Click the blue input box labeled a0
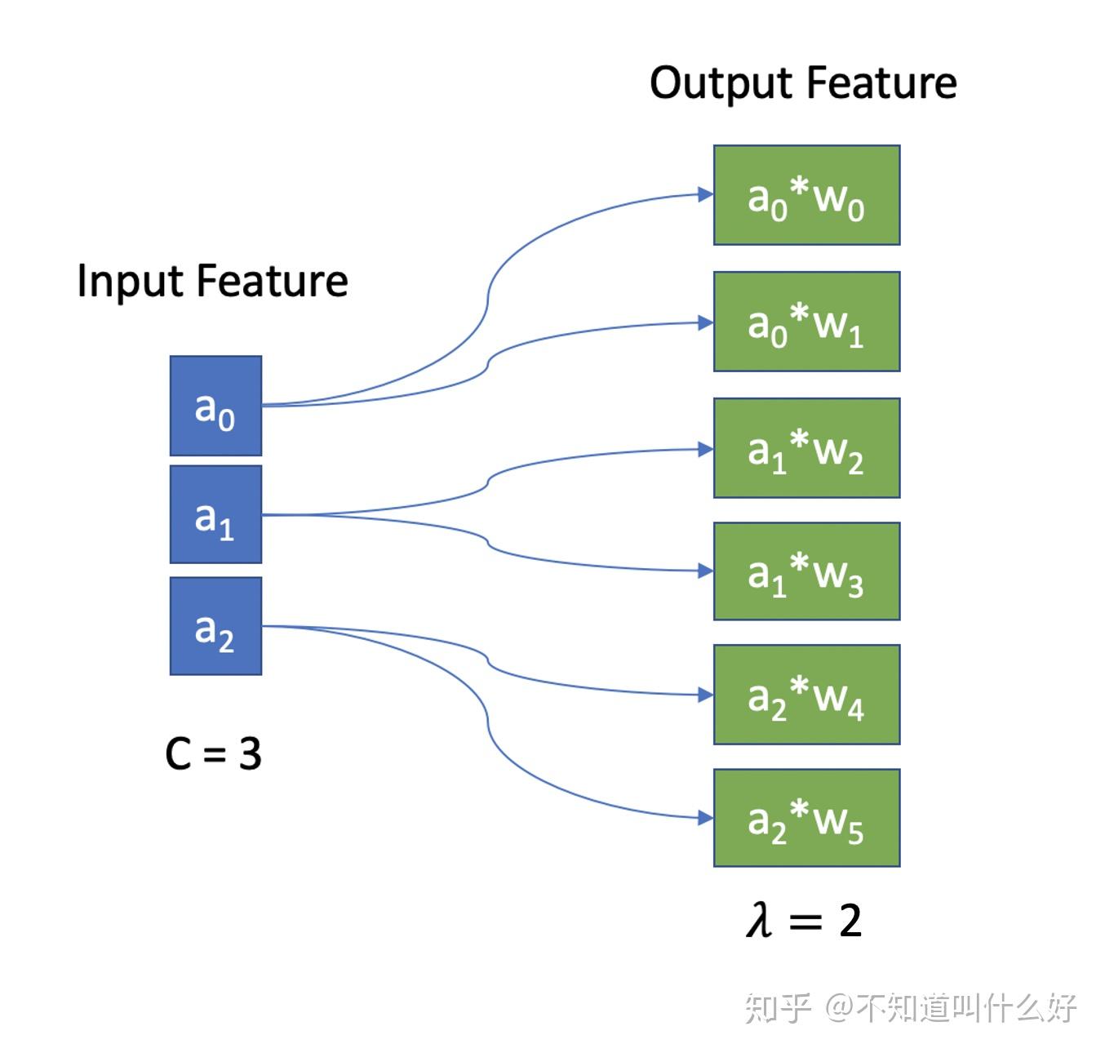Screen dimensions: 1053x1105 coord(215,406)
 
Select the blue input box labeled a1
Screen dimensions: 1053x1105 coord(215,514)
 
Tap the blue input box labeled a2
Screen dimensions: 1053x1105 coord(215,626)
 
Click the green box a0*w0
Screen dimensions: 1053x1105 coord(806,195)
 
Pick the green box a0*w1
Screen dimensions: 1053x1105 coord(806,322)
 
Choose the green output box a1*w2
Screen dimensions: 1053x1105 coord(806,448)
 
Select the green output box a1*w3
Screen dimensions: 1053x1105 coord(806,571)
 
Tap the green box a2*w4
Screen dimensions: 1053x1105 coord(806,695)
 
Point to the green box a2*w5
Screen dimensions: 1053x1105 coord(806,818)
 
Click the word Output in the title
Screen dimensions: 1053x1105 coord(721,84)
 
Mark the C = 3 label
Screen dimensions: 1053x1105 coord(213,753)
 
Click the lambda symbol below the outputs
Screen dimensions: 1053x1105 coord(759,920)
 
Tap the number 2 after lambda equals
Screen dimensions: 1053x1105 coord(850,921)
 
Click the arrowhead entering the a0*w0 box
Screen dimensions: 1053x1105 coord(705,194)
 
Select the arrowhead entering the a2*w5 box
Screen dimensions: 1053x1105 coord(705,817)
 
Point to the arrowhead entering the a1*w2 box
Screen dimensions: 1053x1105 coord(705,449)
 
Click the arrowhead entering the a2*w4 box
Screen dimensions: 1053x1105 coord(705,695)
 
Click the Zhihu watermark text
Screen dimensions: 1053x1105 coord(910,1009)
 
